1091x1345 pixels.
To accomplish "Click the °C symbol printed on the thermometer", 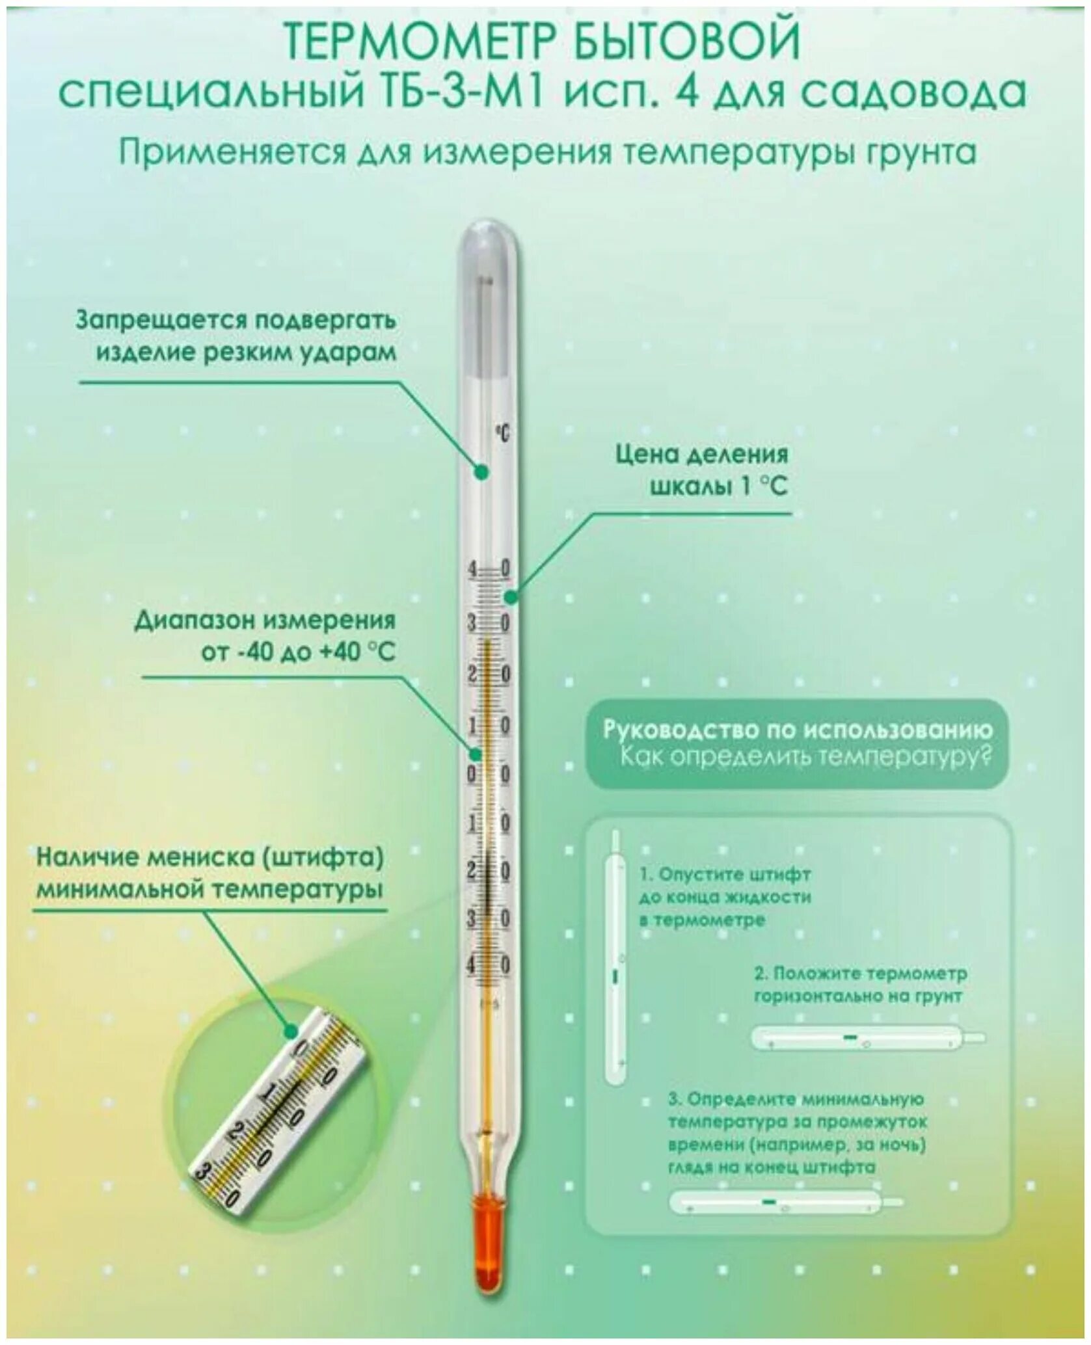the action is click(502, 433).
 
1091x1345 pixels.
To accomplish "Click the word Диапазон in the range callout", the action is click(195, 620).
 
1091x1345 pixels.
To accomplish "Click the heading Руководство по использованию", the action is click(797, 729).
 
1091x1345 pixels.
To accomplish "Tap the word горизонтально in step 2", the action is click(825, 996).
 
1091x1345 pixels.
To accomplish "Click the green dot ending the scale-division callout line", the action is click(511, 596).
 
